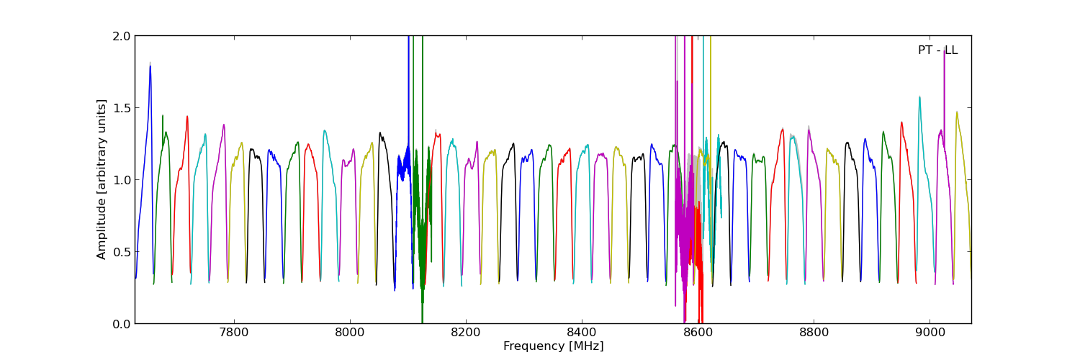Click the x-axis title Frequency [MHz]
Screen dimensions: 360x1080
(553, 346)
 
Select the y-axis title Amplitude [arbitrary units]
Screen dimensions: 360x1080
(102, 179)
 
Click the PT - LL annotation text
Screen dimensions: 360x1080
(937, 50)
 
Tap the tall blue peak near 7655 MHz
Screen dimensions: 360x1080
(150, 67)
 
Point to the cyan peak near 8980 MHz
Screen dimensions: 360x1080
(919, 97)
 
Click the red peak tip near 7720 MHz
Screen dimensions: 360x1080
(187, 117)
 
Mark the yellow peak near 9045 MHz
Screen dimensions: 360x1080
(957, 112)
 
